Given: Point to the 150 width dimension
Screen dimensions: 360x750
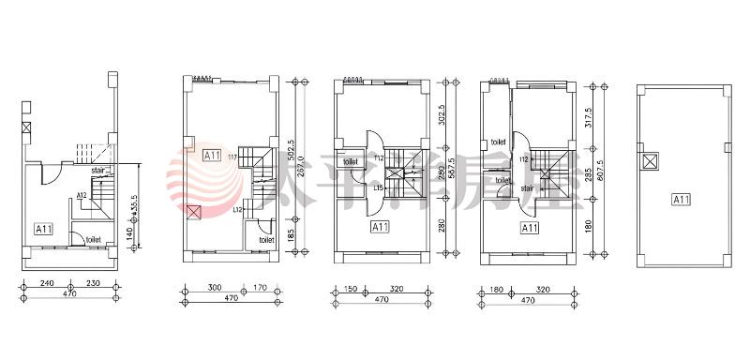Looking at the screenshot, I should (349, 289).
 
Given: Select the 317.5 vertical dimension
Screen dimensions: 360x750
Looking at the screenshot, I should (589, 113).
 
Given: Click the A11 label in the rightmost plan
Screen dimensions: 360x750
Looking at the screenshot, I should (681, 199).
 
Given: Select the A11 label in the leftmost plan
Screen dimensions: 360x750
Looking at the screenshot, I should (43, 228).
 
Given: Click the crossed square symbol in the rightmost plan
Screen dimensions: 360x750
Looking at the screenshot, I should (649, 160).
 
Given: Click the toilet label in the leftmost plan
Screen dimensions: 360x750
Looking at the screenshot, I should (94, 239).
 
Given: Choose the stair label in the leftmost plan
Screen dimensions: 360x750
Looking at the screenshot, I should (97, 172).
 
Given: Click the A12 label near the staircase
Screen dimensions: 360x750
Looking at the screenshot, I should (82, 195).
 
